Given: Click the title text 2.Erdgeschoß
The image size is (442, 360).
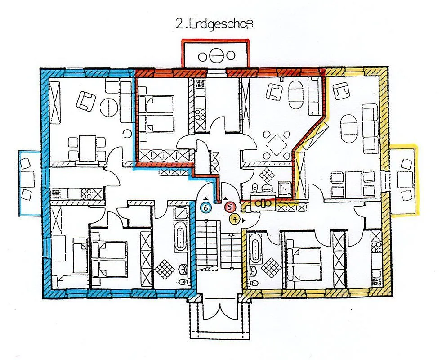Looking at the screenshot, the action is pos(214,24).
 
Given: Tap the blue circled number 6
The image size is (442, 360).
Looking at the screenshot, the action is pos(206,207).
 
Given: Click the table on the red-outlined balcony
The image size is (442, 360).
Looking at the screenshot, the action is pos(216,56).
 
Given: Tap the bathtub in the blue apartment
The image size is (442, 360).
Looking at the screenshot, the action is pos(180,239).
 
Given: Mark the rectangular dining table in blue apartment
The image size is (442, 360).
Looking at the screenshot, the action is pos(87,148).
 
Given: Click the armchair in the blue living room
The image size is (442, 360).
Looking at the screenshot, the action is pos(86,101).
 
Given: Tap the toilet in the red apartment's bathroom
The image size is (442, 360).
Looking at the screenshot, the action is pos(255,187).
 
